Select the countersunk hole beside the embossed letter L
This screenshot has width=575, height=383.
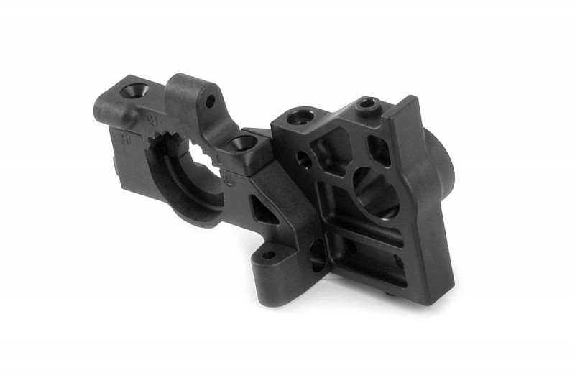coord(244,142)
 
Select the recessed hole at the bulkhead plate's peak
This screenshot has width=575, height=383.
coord(367,106)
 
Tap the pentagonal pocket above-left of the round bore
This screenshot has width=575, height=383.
coord(328,151)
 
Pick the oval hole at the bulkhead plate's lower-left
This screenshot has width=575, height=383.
coord(317,252)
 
